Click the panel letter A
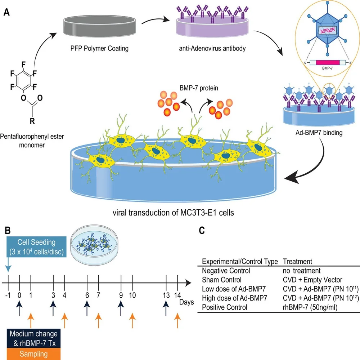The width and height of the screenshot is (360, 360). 6,12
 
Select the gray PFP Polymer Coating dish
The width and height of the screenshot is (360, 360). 99,26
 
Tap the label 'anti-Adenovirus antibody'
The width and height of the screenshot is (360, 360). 212,48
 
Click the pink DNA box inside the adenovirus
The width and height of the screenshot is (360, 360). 327,30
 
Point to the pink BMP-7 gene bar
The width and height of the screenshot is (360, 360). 327,63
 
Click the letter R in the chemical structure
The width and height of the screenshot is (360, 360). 32,121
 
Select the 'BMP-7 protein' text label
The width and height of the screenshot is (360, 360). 199,88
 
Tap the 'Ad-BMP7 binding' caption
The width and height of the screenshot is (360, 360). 319,133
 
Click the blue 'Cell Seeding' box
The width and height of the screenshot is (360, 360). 36,246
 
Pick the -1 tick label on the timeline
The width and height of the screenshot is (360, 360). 8,295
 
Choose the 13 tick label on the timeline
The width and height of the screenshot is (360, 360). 166,295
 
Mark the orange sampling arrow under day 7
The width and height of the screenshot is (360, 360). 99,320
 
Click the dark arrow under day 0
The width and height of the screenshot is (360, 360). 19,308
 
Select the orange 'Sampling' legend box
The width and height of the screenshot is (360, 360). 34,354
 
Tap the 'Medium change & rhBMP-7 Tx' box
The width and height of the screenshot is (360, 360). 34,338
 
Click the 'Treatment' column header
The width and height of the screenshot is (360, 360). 297,261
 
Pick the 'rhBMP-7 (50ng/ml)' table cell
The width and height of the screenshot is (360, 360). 310,307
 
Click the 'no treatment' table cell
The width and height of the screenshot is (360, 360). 302,271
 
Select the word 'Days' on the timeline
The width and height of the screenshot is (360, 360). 186,302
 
